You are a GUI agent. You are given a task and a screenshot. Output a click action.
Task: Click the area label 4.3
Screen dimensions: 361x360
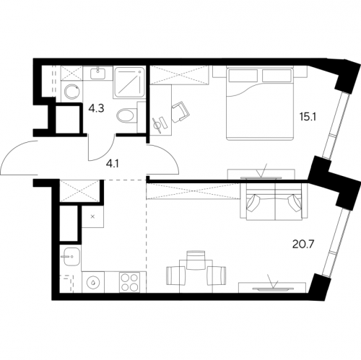tap(96, 109)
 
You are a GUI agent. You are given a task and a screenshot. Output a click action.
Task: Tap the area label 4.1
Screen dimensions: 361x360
tap(113, 164)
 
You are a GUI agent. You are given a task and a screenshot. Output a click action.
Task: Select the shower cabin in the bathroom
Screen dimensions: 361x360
tap(129, 82)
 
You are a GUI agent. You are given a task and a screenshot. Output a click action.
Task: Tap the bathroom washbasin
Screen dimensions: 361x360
tap(98, 74)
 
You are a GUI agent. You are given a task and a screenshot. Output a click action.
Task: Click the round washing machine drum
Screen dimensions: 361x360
tap(72, 91)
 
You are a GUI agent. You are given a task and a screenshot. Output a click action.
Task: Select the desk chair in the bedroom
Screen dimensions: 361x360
tap(180, 111)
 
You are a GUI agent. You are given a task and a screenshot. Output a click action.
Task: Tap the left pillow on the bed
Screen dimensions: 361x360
tap(243, 76)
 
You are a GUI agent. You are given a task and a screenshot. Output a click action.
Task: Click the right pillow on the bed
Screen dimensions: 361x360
tap(277, 76)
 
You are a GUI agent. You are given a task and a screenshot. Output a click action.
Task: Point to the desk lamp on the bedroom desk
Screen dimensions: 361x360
tap(158, 126)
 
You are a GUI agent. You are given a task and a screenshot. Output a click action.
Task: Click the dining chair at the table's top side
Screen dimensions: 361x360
tap(196, 260)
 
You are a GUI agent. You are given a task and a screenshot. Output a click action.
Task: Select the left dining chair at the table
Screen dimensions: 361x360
tap(175, 276)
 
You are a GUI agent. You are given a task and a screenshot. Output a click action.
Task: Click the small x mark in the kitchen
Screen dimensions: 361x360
tap(92, 216)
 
